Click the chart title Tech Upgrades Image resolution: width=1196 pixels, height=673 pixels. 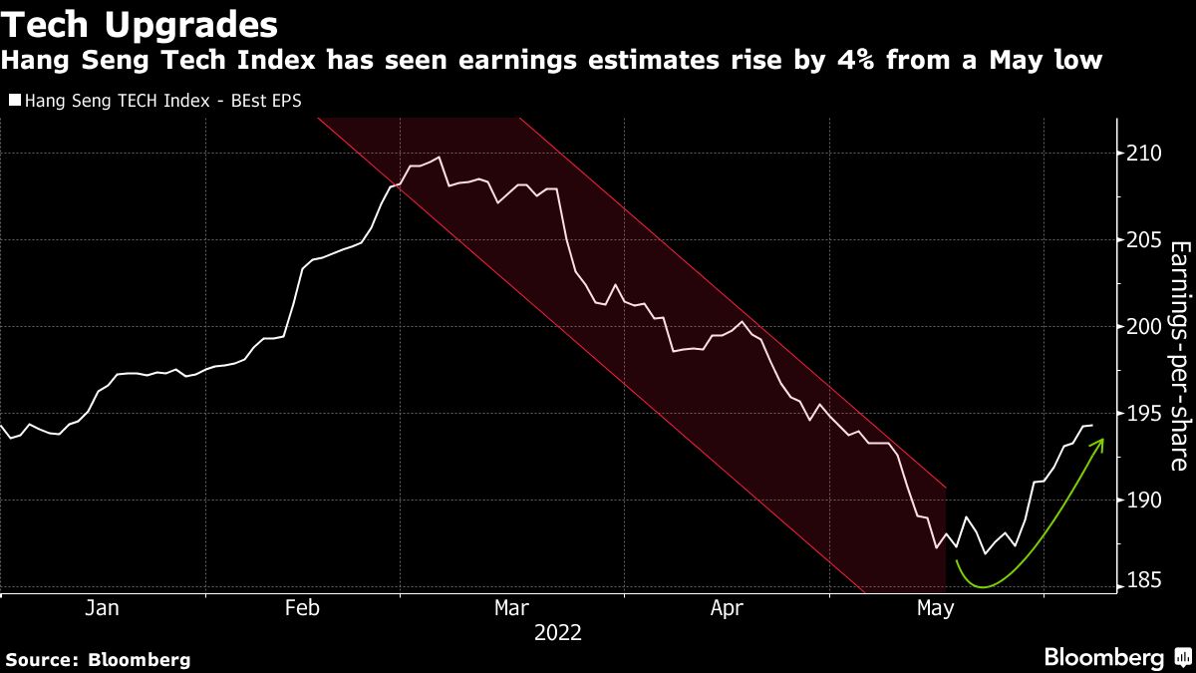tap(140, 23)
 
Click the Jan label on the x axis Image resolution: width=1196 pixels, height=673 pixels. tap(103, 607)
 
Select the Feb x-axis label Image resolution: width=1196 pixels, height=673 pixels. tap(302, 607)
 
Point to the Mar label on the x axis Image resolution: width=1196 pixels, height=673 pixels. tap(511, 607)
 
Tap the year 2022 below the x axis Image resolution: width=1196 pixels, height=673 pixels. tap(558, 632)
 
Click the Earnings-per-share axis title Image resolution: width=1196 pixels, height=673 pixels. tap(1178, 355)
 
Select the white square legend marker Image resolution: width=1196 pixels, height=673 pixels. tap(15, 100)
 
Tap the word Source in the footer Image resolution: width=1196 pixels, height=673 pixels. tap(41, 659)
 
